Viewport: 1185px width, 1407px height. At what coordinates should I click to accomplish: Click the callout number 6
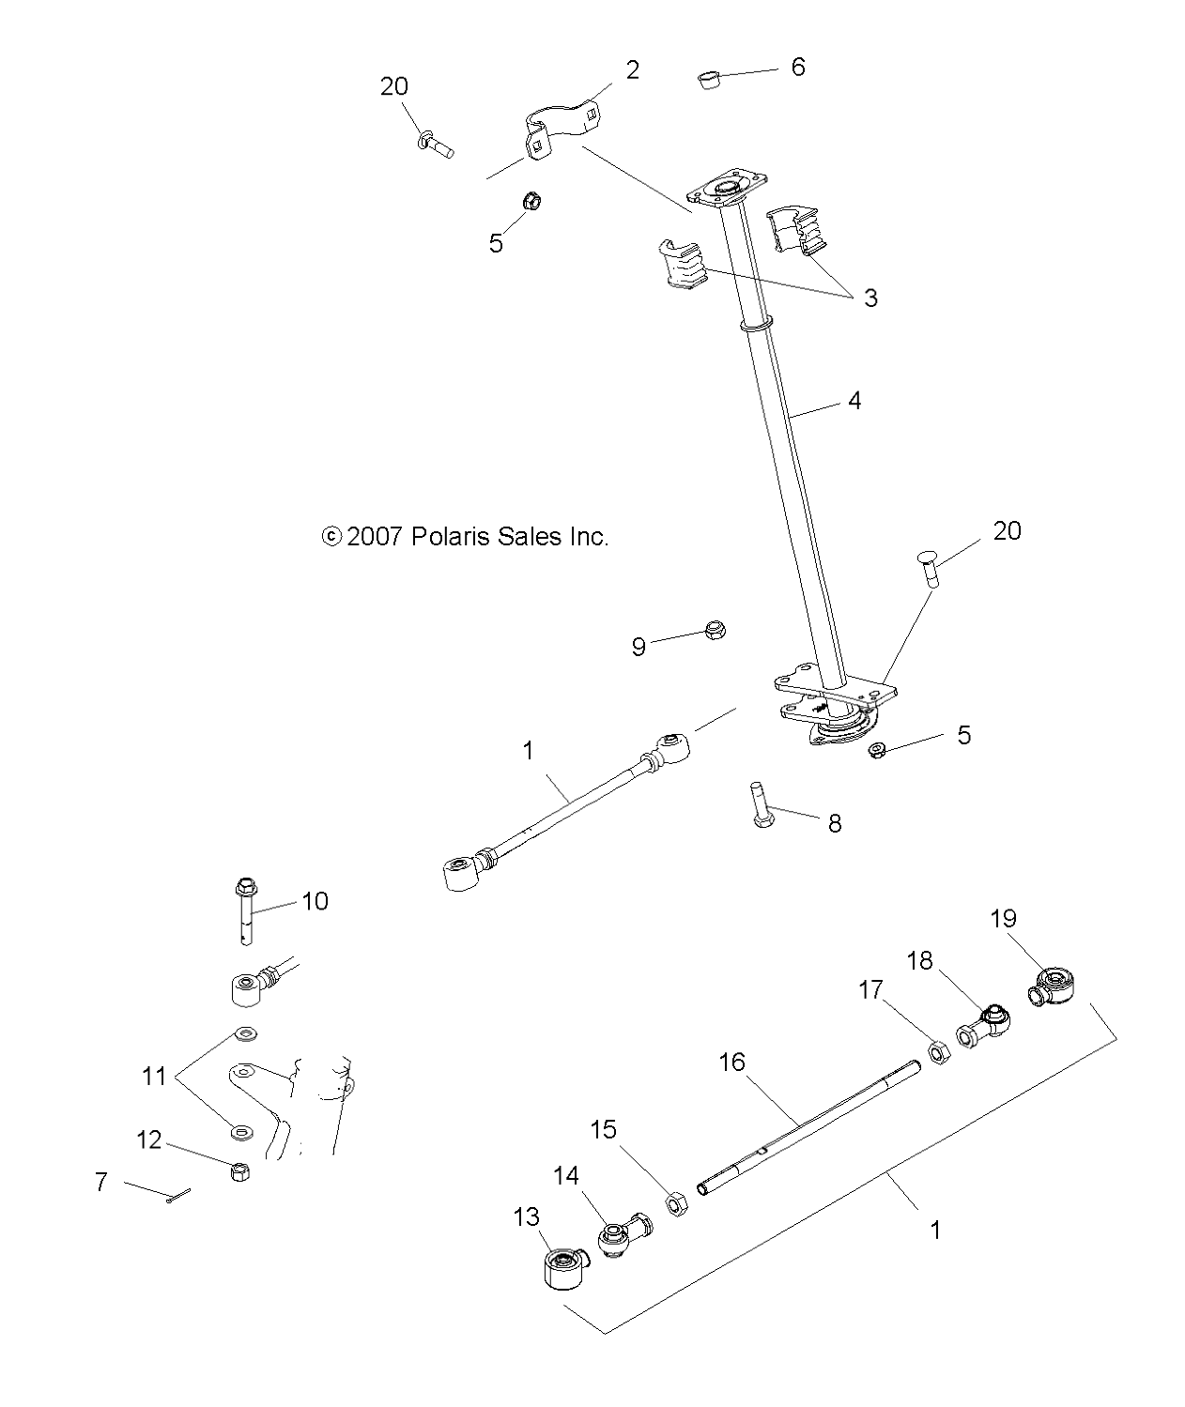pyautogui.click(x=798, y=67)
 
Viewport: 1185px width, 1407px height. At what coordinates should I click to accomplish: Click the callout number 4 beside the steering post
pyautogui.click(x=854, y=401)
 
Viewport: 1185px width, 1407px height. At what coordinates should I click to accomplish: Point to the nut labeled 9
pyautogui.click(x=715, y=630)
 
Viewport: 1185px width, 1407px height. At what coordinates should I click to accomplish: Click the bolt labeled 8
pyautogui.click(x=761, y=804)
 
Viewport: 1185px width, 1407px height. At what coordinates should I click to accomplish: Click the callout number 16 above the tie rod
pyautogui.click(x=731, y=1063)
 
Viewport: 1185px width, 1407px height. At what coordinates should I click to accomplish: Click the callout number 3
pyautogui.click(x=870, y=298)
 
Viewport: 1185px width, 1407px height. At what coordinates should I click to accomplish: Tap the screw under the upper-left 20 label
pyautogui.click(x=435, y=145)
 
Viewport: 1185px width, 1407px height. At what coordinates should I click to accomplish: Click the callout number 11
pyautogui.click(x=153, y=1076)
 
